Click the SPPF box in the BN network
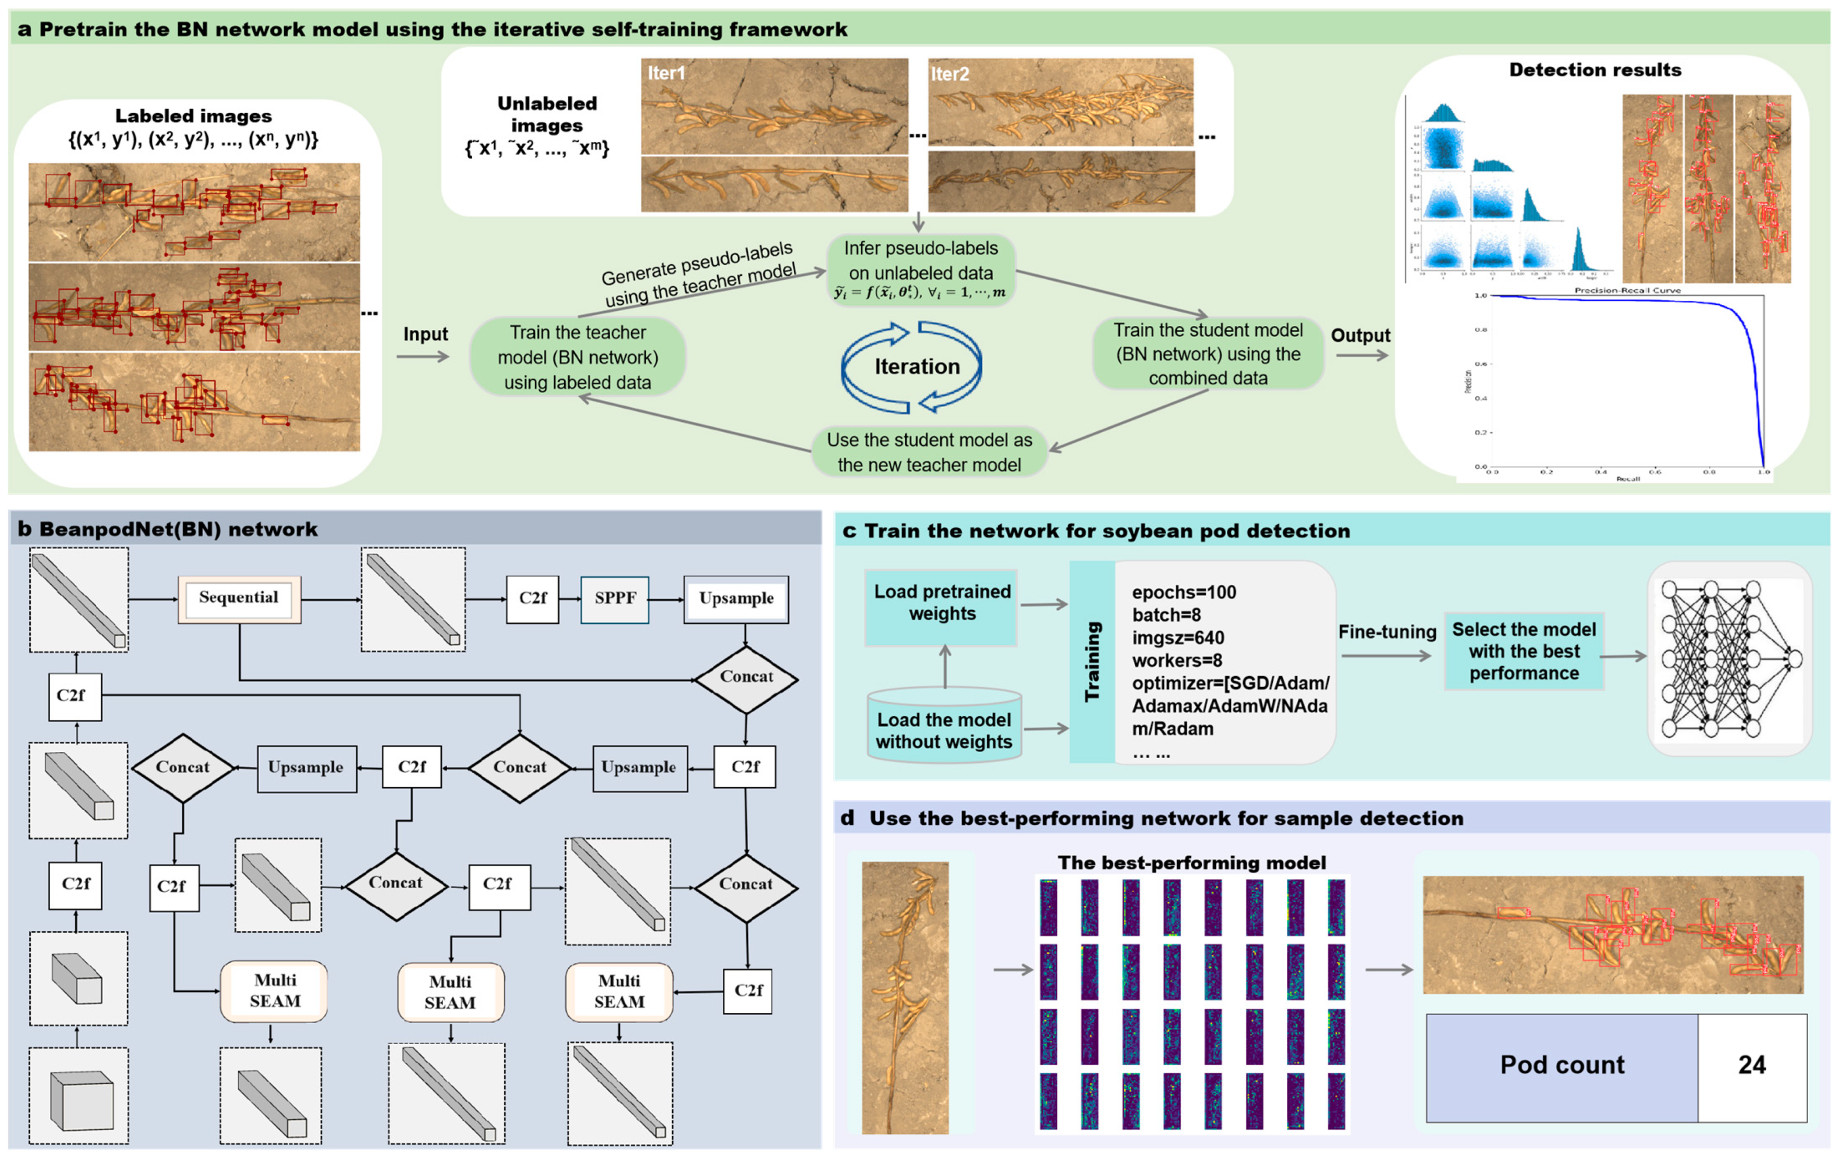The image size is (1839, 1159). pos(614,599)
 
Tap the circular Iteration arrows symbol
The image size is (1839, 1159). pos(912,367)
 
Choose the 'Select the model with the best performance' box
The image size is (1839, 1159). pos(1524,651)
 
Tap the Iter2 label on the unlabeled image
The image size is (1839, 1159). pos(950,74)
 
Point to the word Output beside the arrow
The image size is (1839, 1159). pos(1360,335)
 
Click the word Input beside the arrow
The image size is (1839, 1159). pos(425,335)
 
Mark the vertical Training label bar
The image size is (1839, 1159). pos(1092,661)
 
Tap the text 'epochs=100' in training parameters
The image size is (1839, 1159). pos(1184,593)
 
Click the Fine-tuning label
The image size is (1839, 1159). pos(1387,632)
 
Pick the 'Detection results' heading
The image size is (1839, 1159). pos(1595,70)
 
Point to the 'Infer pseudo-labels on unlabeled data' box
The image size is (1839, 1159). pos(920,269)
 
